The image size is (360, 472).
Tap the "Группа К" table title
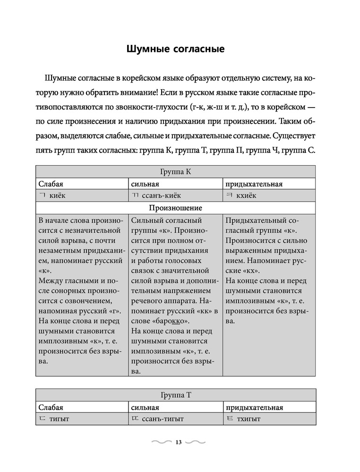click(175, 172)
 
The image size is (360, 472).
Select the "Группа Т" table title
click(175, 396)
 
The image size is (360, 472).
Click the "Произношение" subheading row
click(175, 208)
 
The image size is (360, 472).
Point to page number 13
click(178, 442)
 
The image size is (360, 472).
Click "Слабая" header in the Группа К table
click(51, 184)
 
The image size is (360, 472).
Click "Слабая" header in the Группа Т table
click(51, 407)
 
